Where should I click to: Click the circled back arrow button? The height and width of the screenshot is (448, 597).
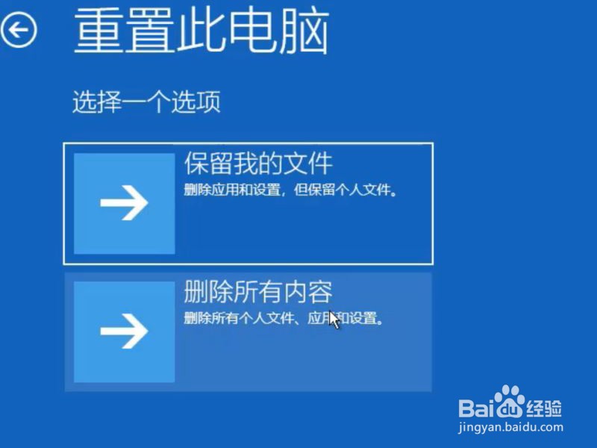18,30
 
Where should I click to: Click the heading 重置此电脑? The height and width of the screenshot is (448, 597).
201,31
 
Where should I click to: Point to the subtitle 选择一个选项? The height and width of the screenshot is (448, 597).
146,102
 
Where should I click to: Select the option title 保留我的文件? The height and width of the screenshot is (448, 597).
258,163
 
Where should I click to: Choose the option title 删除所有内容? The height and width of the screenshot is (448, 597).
258,292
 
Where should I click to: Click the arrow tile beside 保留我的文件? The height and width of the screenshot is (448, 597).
124,203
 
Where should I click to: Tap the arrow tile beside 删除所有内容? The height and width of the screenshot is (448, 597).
124,332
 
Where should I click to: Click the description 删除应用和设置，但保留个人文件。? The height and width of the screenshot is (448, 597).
290,190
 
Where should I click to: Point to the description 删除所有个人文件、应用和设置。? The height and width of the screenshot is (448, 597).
284,318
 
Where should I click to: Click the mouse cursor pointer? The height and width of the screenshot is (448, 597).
334,320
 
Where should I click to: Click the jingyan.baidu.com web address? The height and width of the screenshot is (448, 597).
510,427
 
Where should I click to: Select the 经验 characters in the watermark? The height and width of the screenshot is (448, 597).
544,408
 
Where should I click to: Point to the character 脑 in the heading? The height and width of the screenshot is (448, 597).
304,31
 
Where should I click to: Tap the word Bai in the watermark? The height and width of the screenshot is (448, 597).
477,408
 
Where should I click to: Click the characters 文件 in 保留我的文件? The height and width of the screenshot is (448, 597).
308,163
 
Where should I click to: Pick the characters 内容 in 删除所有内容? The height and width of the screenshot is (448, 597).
308,292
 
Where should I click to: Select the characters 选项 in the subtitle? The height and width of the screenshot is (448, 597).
196,102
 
